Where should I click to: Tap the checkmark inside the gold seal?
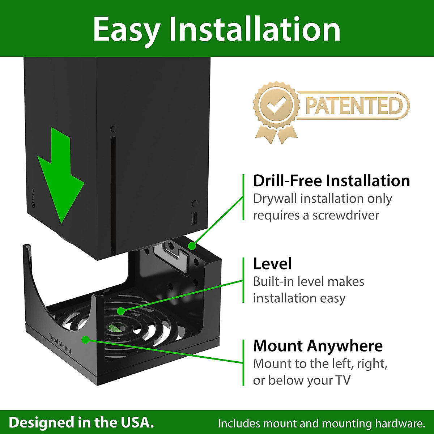click(x=276, y=105)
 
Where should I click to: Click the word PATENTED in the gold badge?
click(x=354, y=106)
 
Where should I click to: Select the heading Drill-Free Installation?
click(x=331, y=181)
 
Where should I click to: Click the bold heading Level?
click(x=272, y=264)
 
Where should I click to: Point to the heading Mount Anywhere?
click(x=318, y=346)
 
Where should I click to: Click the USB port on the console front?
click(x=195, y=218)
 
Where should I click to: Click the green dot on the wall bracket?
click(x=192, y=246)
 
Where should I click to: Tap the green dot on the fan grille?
click(x=121, y=311)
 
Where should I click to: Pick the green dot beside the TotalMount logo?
click(x=85, y=340)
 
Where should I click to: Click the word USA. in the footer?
click(x=136, y=422)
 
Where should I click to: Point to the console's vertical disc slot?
click(x=113, y=192)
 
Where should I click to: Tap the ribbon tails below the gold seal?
click(x=276, y=136)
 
